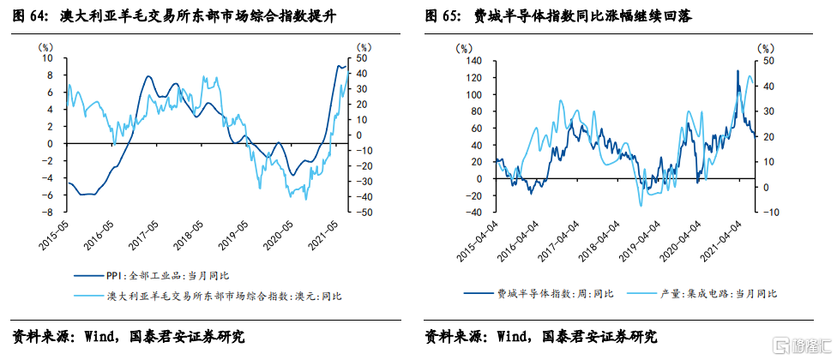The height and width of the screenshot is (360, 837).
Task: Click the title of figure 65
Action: coord(557,15)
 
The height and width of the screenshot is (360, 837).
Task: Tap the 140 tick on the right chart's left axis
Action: coord(475,63)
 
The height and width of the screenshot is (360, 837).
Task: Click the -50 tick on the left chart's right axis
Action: coord(364,212)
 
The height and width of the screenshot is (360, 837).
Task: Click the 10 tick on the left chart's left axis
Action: coord(48,58)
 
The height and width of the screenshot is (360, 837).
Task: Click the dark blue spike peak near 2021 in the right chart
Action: coord(738,71)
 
